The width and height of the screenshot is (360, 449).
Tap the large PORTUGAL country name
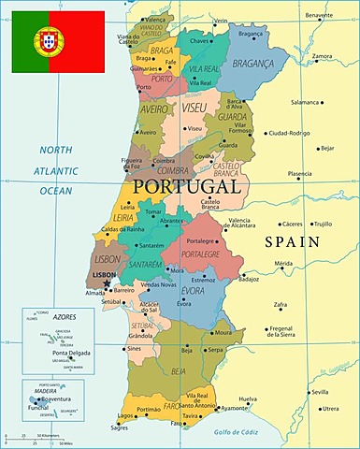pyautogui.click(x=187, y=186)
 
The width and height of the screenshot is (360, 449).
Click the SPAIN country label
pyautogui.click(x=293, y=241)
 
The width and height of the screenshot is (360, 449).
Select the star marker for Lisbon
pyautogui.click(x=108, y=282)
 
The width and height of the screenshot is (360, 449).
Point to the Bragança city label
pyautogui.click(x=252, y=33)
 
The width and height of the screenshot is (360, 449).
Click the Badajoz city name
pyautogui.click(x=249, y=279)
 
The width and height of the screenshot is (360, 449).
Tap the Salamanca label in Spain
pyautogui.click(x=306, y=102)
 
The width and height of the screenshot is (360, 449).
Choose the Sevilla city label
pyautogui.click(x=321, y=392)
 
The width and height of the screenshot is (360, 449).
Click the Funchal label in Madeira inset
pyautogui.click(x=36, y=408)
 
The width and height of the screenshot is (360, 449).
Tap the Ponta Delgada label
pyautogui.click(x=72, y=353)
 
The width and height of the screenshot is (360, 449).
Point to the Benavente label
pyautogui.click(x=318, y=14)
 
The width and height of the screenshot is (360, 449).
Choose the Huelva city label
pyautogui.click(x=248, y=399)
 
